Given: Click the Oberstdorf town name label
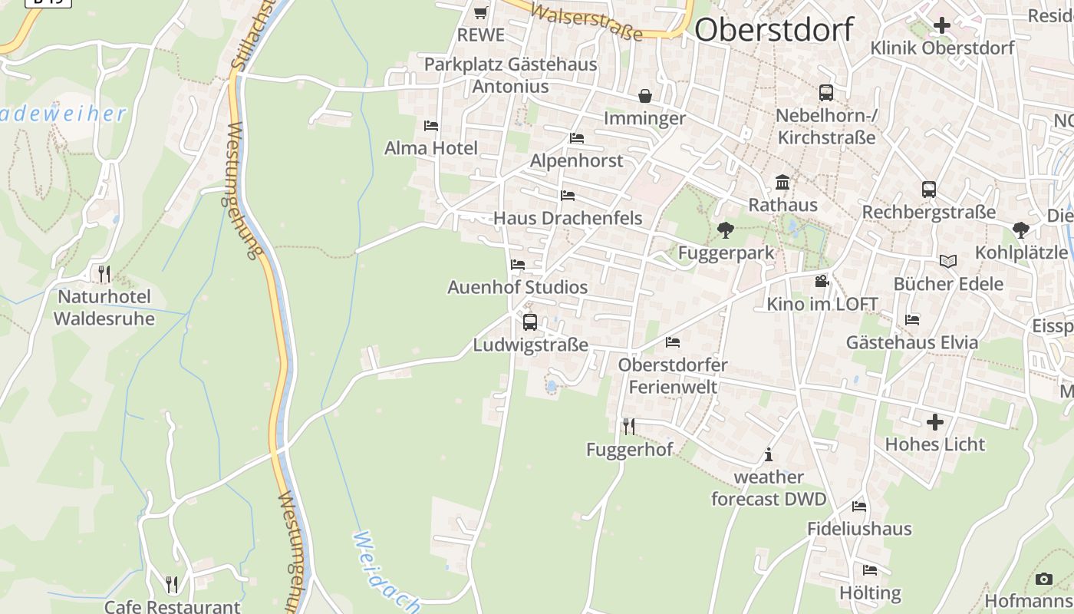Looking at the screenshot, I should tap(773, 30).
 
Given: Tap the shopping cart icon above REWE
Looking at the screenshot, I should tap(481, 12).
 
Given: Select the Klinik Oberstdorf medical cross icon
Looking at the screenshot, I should tap(941, 25).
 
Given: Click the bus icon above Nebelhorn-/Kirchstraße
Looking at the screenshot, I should tap(826, 93).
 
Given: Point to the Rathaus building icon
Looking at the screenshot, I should tap(782, 183).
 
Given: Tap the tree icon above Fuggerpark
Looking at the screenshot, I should tap(725, 229).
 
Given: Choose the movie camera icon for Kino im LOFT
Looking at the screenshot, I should tap(822, 282).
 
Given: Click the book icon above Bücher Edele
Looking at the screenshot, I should tap(948, 262).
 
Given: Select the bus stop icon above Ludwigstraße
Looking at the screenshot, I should tap(530, 322).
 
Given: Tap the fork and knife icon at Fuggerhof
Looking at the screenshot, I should tap(628, 426).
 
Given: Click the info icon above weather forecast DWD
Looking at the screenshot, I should tap(769, 455).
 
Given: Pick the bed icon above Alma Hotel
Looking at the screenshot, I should tap(431, 126).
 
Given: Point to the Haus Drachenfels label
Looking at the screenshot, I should tap(567, 218).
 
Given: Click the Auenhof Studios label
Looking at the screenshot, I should tap(517, 287).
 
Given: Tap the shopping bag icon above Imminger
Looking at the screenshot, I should tap(645, 96).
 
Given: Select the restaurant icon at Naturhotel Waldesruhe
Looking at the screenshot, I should tap(104, 273).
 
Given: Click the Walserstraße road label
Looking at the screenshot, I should tap(585, 21).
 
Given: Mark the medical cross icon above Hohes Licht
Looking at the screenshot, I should tap(934, 422).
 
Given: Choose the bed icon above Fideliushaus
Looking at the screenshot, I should tap(859, 507).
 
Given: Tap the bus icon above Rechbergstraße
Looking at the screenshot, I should tap(928, 190).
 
